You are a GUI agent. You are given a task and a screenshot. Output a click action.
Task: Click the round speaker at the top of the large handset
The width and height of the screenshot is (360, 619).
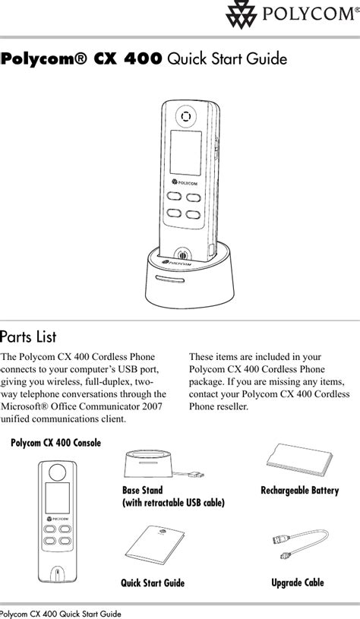[x=185, y=116]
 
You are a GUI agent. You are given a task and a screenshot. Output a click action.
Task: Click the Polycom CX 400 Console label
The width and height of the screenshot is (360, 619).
[x=55, y=443]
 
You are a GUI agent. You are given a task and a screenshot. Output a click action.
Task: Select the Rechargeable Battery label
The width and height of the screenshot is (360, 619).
[x=299, y=491]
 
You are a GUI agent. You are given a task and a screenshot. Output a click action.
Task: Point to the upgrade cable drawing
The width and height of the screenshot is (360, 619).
[x=299, y=545]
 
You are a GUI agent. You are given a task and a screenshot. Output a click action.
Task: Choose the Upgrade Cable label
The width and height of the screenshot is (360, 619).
[x=298, y=583]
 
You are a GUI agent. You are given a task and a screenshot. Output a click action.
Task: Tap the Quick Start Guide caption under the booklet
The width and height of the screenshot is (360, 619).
[x=153, y=583]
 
